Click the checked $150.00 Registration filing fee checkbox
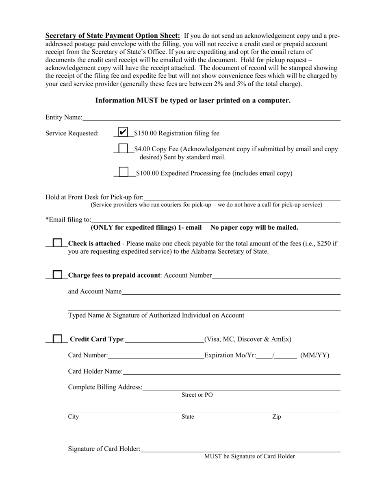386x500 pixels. point(123,132)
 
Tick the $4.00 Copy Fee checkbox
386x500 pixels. point(123,149)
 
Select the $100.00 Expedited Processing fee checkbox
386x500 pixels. point(124,172)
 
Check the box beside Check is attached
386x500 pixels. point(58,243)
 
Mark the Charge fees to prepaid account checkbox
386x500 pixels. point(58,275)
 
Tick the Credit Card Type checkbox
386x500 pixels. point(58,339)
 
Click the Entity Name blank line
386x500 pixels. point(211,118)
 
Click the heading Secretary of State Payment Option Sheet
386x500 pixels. point(113,35)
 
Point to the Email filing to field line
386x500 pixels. point(215,220)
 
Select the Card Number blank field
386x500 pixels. point(156,356)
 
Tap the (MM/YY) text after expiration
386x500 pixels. point(314,356)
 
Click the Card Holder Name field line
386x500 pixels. point(231,372)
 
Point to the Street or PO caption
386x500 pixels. point(197,395)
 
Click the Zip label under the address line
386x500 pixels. point(276,417)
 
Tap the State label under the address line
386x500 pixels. point(188,417)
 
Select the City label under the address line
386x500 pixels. point(74,417)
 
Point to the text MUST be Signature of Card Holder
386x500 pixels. point(249,456)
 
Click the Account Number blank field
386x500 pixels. point(276,276)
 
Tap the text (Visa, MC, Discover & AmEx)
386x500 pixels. point(248,339)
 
